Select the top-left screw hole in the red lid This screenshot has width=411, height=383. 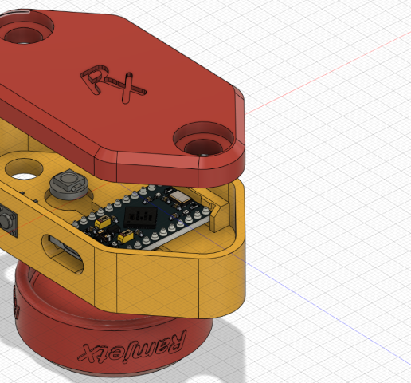point(22,33)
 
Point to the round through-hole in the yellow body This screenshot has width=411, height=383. point(24,168)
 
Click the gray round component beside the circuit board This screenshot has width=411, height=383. point(68,186)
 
